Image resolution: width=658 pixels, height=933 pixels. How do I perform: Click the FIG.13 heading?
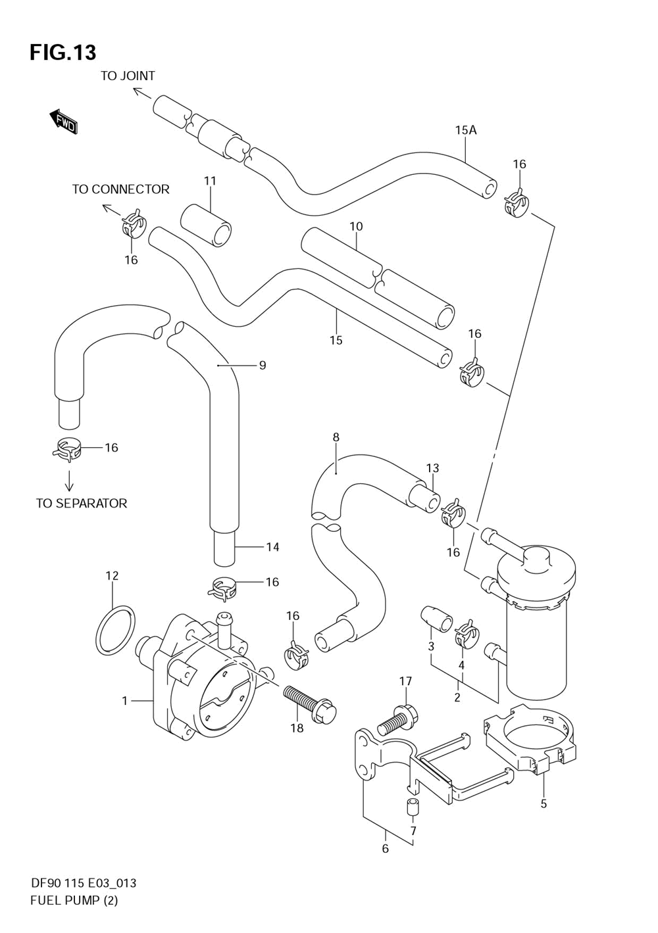pyautogui.click(x=63, y=52)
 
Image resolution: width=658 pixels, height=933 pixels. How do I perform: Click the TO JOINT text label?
pyautogui.click(x=128, y=76)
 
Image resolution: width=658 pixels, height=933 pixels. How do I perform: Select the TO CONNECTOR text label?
pyautogui.click(x=120, y=189)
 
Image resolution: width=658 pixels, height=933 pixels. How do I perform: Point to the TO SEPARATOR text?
pyautogui.click(x=82, y=504)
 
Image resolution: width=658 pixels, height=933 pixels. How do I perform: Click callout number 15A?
pyautogui.click(x=465, y=130)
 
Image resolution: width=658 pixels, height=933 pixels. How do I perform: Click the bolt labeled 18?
pyautogui.click(x=309, y=702)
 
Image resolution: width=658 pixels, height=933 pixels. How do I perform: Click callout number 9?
pyautogui.click(x=262, y=365)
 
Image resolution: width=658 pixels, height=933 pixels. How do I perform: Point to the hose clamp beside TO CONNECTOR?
pyautogui.click(x=134, y=224)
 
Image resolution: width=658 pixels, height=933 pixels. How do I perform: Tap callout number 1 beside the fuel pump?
pyautogui.click(x=124, y=701)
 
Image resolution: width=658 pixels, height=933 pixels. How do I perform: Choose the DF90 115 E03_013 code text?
pyautogui.click(x=83, y=883)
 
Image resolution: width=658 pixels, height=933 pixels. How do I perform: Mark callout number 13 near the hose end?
pyautogui.click(x=432, y=468)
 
